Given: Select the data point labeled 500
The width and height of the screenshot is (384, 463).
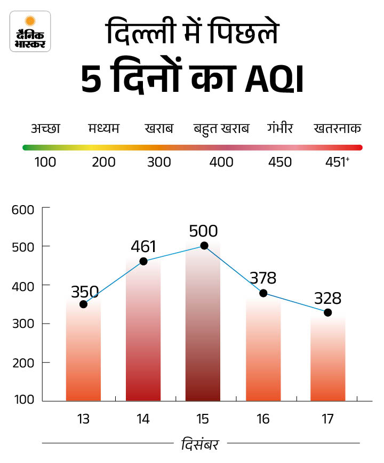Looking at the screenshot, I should point(204,246).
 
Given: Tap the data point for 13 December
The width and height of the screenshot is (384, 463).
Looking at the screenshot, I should point(83,304).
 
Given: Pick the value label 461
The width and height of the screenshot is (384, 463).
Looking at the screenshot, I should point(143,246).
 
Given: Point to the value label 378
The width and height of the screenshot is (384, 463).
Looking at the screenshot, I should point(263,278).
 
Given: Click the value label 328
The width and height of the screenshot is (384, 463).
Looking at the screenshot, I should point(327,297).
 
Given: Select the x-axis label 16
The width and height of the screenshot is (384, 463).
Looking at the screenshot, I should point(263,419).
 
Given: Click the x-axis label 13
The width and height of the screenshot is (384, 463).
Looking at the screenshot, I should point(83,419).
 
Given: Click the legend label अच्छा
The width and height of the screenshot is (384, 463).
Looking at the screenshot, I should point(45,129).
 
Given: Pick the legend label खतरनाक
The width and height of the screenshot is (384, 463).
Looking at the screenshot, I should point(338,129).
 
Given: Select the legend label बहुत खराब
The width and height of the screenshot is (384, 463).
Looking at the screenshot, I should point(221,129).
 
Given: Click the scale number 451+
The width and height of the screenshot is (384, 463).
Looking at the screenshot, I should point(337,162).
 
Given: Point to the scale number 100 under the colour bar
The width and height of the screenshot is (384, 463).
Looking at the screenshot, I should point(45,162).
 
